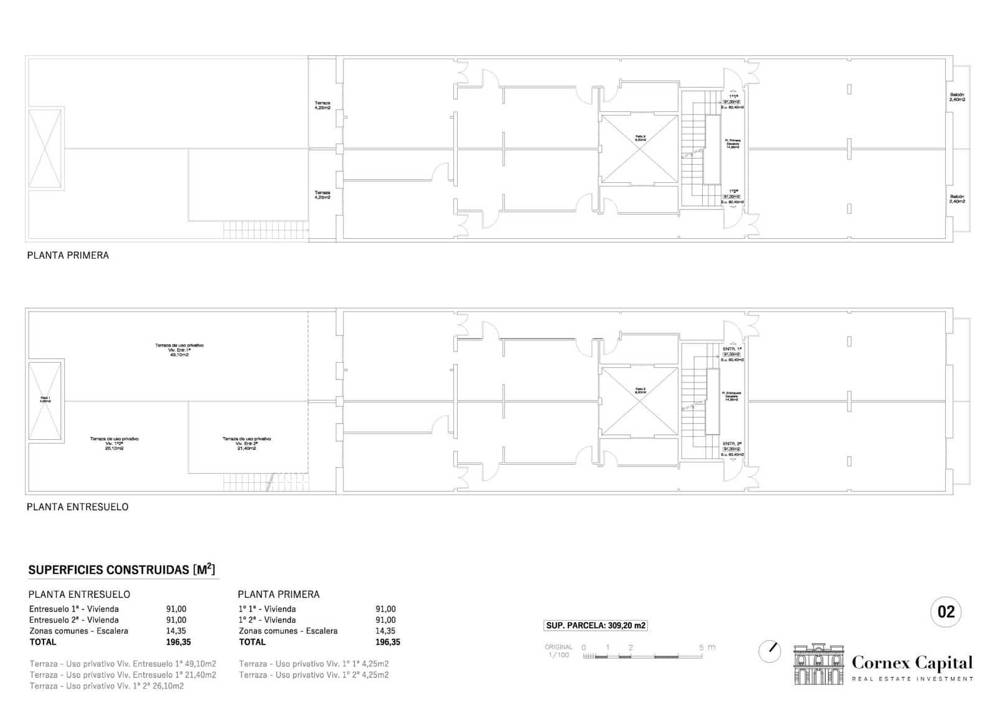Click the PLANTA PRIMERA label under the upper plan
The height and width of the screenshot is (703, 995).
click(68, 255)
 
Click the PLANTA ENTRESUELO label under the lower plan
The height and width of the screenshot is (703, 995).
click(77, 507)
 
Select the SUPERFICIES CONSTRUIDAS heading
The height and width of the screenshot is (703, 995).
click(121, 570)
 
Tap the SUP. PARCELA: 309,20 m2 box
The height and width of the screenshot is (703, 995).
click(596, 626)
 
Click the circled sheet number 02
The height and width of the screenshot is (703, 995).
click(946, 612)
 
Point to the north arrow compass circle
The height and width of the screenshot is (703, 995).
click(770, 651)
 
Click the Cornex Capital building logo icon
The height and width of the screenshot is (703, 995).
click(820, 665)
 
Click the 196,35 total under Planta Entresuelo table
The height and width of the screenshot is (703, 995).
click(178, 642)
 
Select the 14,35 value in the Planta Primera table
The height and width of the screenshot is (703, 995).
click(386, 631)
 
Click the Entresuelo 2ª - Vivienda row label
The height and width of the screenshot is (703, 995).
click(73, 620)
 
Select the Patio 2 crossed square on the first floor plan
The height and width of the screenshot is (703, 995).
click(639, 149)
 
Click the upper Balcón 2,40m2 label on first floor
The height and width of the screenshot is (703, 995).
click(956, 97)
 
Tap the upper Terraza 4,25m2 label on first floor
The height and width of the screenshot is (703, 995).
click(322, 106)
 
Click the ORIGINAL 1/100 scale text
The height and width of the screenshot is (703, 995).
click(558, 651)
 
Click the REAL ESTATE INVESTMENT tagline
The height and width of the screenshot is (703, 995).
click(912, 679)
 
